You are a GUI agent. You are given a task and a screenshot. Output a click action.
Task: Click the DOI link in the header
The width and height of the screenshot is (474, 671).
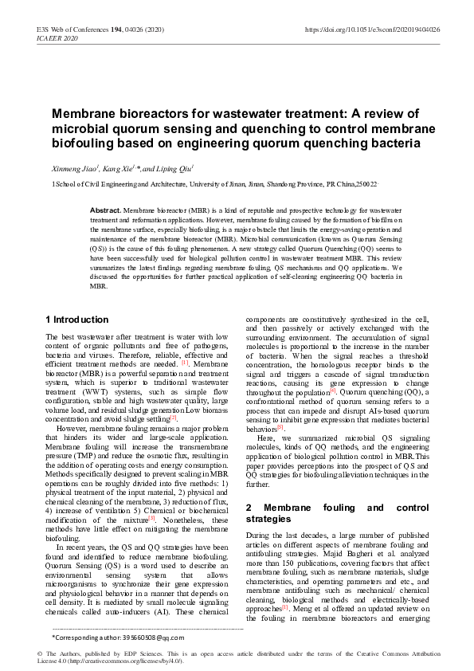[373, 29]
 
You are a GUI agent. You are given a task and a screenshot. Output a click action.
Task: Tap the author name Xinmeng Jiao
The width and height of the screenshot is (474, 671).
[73, 169]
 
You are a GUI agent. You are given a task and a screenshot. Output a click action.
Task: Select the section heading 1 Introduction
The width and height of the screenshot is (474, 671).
[77, 320]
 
